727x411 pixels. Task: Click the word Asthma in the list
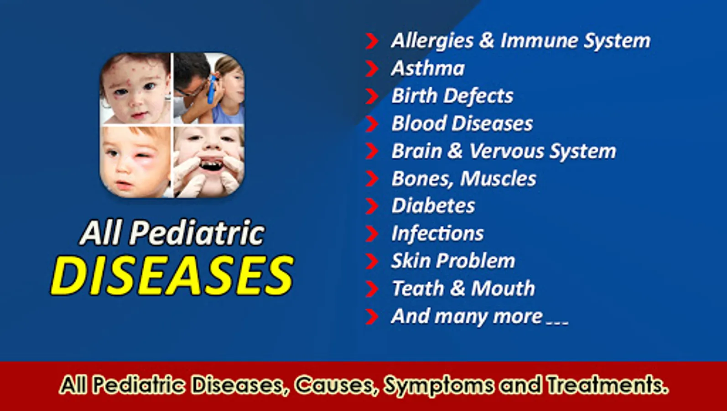point(428,68)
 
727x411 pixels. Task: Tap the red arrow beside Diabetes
point(372,206)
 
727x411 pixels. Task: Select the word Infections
point(437,233)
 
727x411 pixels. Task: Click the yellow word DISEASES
point(172,275)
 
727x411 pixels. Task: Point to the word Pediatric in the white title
point(197,233)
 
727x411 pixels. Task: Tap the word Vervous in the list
point(506,152)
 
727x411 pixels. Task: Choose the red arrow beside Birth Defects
point(372,96)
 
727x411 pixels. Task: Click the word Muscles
point(498,179)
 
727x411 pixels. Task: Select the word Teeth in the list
point(418,289)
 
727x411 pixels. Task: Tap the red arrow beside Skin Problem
point(372,261)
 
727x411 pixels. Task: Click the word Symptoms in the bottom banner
point(439,386)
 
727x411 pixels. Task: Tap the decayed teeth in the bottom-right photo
point(211,163)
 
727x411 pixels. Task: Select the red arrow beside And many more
point(372,316)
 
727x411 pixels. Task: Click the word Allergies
point(433,41)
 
